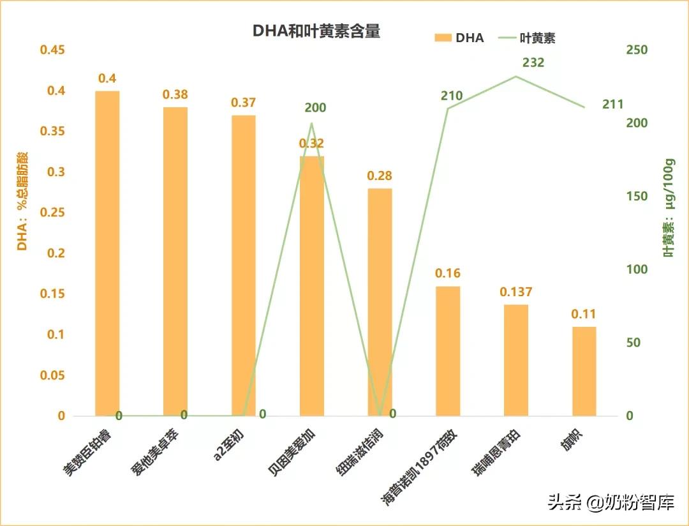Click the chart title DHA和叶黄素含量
pyautogui.click(x=316, y=31)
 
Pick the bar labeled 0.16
pyautogui.click(x=448, y=350)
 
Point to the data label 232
pyautogui.click(x=533, y=63)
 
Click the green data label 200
pyautogui.click(x=315, y=108)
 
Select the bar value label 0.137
pyautogui.click(x=515, y=292)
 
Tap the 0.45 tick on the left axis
pyautogui.click(x=52, y=50)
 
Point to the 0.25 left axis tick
pyautogui.click(x=52, y=213)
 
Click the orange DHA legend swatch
pyautogui.click(x=443, y=38)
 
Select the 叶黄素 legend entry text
pyautogui.click(x=538, y=38)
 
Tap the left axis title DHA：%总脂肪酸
pyautogui.click(x=23, y=201)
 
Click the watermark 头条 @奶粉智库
pyautogui.click(x=611, y=503)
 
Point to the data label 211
pyautogui.click(x=612, y=104)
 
